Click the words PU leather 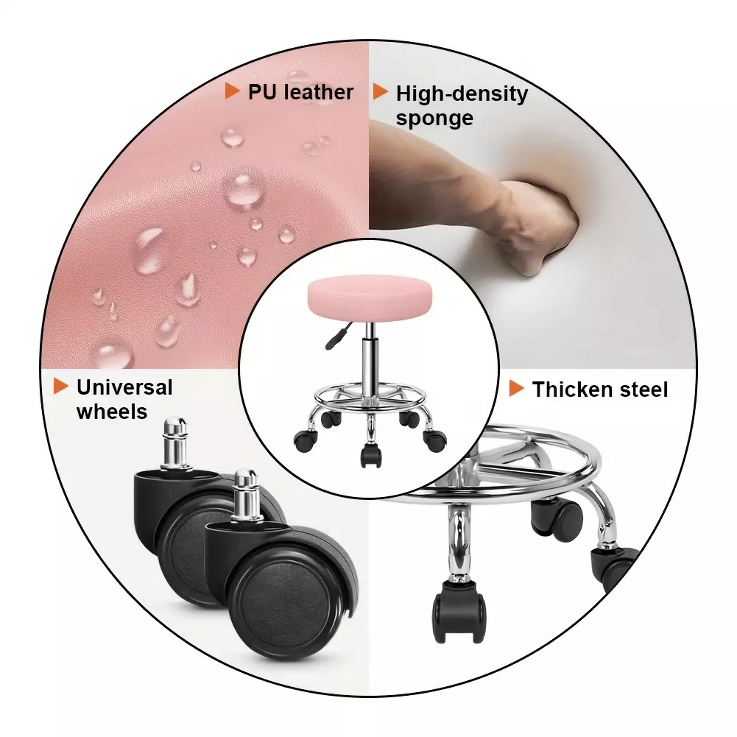(x=300, y=92)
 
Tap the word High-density (x=462, y=94)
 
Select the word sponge (x=434, y=119)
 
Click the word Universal (x=124, y=388)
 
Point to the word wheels (x=112, y=412)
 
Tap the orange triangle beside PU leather (x=232, y=91)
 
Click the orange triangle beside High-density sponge (x=380, y=91)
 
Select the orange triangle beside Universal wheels (x=60, y=387)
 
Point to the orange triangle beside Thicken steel (x=516, y=388)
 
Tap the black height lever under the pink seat (x=336, y=336)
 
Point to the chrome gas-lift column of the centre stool (x=370, y=364)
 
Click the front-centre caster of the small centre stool (x=370, y=456)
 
